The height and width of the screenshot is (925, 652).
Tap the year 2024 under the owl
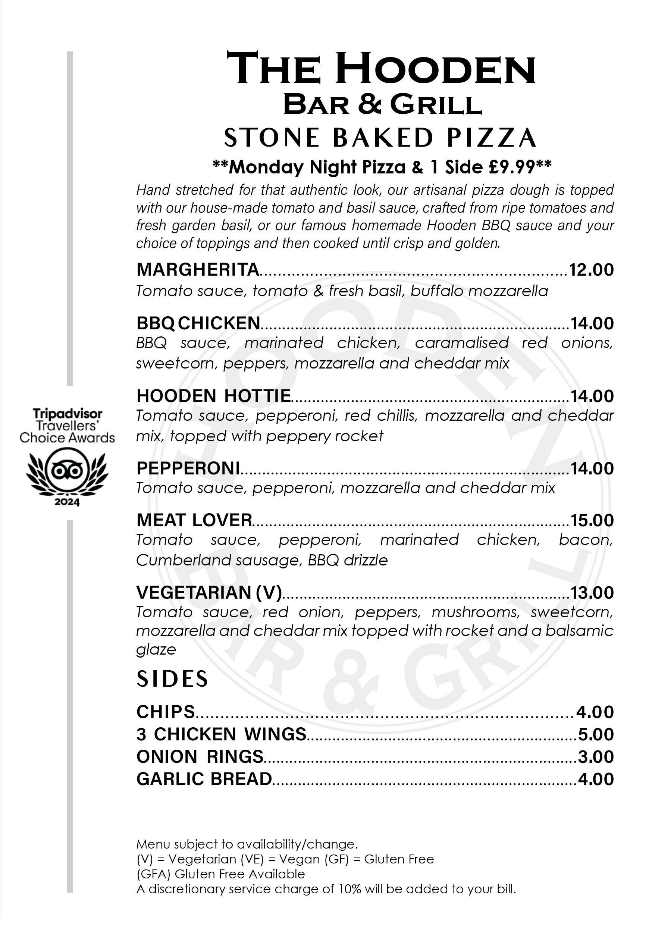click(x=67, y=502)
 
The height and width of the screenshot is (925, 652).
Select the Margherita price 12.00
click(x=591, y=270)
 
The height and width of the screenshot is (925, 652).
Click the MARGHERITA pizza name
click(x=197, y=270)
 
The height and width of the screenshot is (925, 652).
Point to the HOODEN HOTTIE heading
click(x=214, y=396)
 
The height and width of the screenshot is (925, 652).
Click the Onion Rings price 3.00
click(x=596, y=757)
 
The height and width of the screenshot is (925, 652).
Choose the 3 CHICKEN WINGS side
click(x=221, y=734)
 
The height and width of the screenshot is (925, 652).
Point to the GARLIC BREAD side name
click(x=204, y=779)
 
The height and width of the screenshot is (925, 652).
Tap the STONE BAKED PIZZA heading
click(x=380, y=138)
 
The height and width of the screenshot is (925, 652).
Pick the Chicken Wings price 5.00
click(x=596, y=734)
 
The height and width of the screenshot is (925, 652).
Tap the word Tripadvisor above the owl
click(x=67, y=414)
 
